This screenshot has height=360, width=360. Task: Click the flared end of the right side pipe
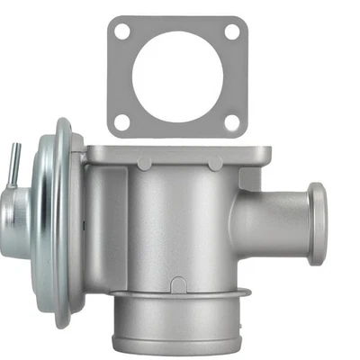316,223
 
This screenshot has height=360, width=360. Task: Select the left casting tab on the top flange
144,164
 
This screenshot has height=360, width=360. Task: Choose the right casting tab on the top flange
214,164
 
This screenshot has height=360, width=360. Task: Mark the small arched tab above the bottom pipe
178,285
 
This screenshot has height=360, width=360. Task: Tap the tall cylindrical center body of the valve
171,225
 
